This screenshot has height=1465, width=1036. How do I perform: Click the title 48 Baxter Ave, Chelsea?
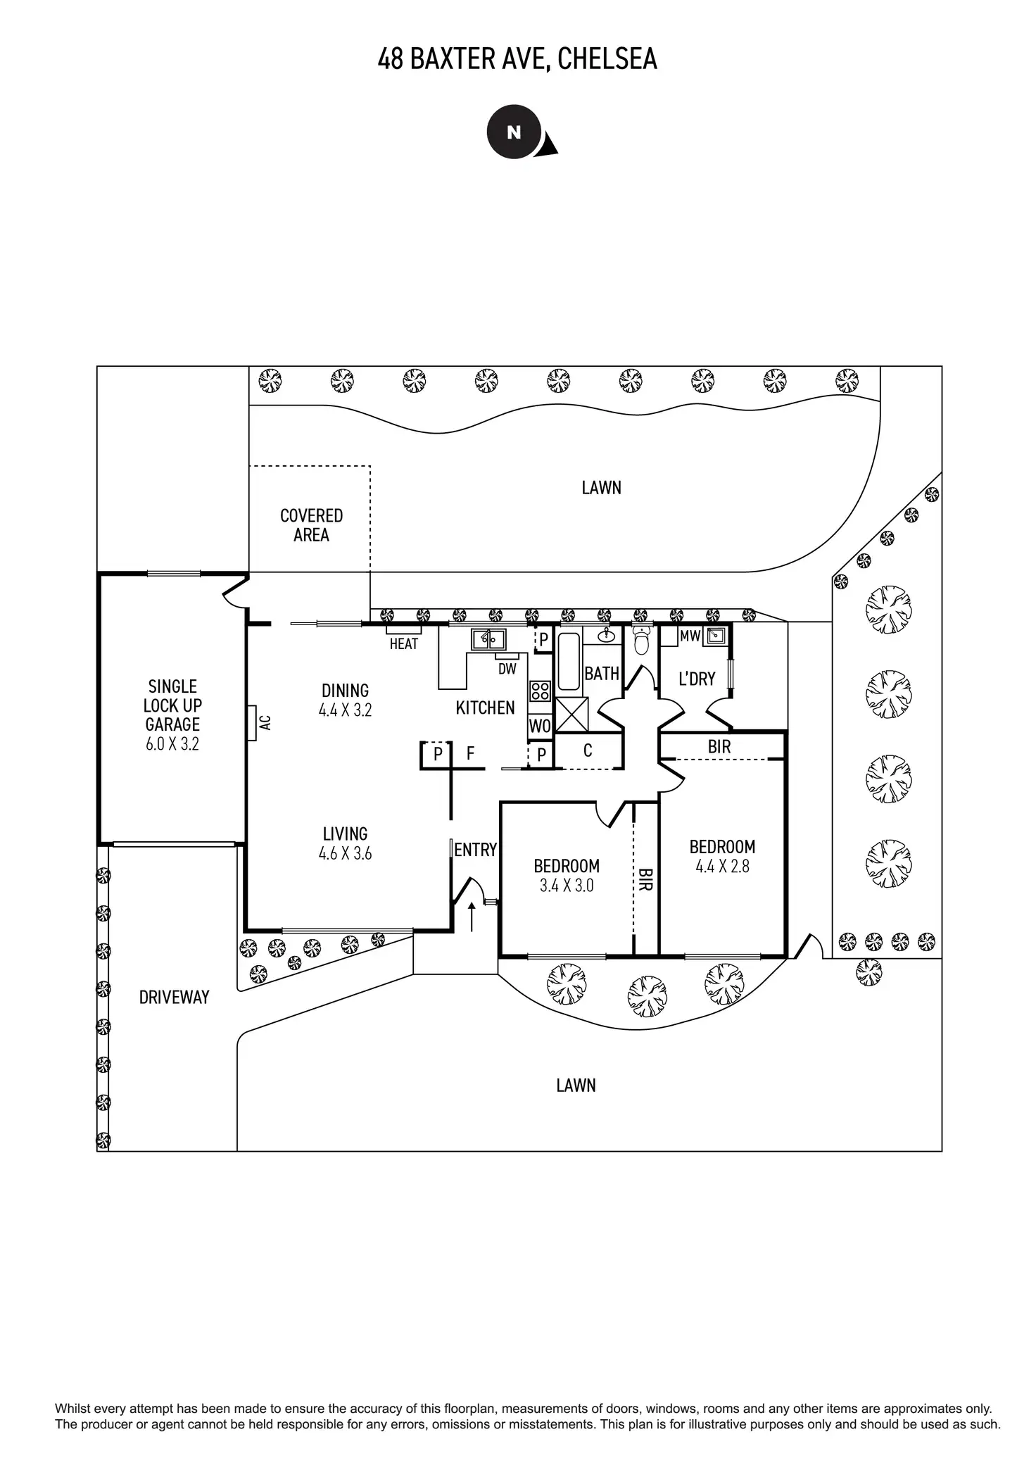click(517, 59)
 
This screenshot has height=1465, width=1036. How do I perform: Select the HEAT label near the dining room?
click(403, 643)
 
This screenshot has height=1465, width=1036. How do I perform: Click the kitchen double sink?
click(488, 639)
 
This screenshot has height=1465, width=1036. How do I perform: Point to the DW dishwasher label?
click(507, 669)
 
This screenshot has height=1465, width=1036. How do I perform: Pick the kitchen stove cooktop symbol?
click(540, 691)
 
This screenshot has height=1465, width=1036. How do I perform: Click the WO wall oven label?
click(540, 727)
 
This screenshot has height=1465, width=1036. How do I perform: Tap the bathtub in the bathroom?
click(569, 662)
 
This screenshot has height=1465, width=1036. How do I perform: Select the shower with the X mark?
click(571, 715)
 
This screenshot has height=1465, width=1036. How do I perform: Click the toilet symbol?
click(640, 640)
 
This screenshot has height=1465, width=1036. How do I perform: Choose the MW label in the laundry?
click(690, 636)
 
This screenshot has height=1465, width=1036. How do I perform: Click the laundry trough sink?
click(716, 636)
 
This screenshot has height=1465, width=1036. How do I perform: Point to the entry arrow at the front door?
click(472, 917)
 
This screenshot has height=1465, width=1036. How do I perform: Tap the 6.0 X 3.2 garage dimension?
click(172, 744)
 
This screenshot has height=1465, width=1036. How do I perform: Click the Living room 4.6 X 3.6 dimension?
click(345, 854)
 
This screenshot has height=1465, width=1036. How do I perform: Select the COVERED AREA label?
click(311, 525)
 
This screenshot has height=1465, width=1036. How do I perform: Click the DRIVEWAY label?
click(174, 998)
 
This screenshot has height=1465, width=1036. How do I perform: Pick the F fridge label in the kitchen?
click(470, 754)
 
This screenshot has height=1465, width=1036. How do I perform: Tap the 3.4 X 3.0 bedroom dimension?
click(567, 886)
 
